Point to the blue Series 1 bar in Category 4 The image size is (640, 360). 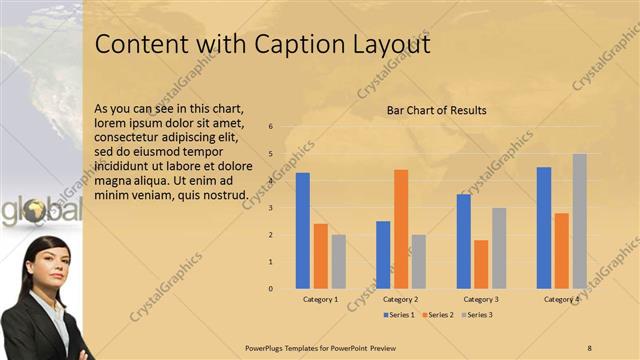click(544, 227)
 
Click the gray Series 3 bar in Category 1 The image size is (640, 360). click(339, 261)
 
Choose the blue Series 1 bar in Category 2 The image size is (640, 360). click(383, 254)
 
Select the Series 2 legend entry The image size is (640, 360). click(438, 315)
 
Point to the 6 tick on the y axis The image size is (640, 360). click(270, 127)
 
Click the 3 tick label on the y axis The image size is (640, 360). click(270, 208)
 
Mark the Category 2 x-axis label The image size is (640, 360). click(400, 299)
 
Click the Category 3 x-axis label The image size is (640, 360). click(480, 299)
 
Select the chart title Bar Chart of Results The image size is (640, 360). click(437, 110)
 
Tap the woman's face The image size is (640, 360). click(43, 266)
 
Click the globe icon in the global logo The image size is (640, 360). click(36, 210)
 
